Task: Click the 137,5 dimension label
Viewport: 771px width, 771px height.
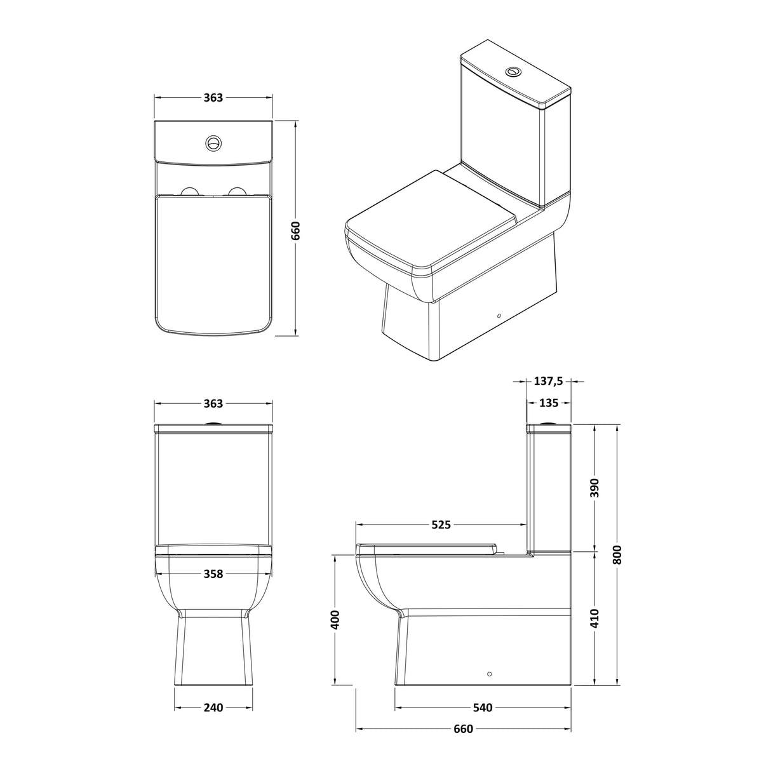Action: (x=549, y=381)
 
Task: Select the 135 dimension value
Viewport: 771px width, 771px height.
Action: (x=549, y=403)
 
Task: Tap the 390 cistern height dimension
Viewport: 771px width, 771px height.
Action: (x=595, y=488)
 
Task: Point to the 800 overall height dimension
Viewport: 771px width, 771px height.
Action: (x=619, y=554)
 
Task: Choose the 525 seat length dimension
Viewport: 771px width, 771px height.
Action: (x=441, y=525)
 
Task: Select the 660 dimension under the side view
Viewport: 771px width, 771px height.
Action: (x=463, y=728)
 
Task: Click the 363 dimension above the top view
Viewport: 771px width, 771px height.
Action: (x=213, y=97)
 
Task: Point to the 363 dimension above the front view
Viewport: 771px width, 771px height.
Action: (x=213, y=403)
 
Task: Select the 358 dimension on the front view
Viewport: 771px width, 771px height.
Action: (x=213, y=573)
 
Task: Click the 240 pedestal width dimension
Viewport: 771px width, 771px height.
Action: (x=213, y=707)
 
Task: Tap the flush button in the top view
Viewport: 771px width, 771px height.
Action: (x=213, y=142)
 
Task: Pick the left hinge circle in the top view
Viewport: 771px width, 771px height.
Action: (x=189, y=192)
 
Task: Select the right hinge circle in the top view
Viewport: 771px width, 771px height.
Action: (x=238, y=192)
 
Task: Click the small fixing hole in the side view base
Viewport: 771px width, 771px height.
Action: (x=489, y=673)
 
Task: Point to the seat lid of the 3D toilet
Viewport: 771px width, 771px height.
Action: (x=432, y=216)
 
